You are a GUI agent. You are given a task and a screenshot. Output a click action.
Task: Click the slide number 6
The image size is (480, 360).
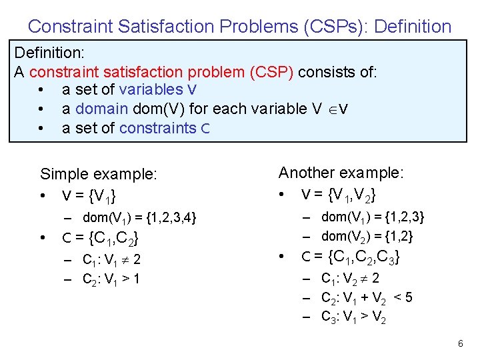coord(460,343)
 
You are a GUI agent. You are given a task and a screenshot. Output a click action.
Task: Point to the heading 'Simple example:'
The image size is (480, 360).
coord(99,175)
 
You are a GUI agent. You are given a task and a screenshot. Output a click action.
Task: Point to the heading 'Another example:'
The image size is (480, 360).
coord(340,173)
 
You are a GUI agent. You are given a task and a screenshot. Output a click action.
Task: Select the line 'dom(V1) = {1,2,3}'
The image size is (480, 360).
coord(373,217)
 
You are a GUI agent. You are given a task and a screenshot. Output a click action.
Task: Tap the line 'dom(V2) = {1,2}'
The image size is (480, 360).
coord(367,236)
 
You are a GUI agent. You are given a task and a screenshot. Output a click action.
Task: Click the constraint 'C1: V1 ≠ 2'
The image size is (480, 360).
coord(111,259)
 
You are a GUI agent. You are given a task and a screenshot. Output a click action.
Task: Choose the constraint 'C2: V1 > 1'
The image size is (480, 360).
coord(111,279)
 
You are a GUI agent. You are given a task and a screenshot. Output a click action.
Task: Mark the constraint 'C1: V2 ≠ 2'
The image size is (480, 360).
coord(350,279)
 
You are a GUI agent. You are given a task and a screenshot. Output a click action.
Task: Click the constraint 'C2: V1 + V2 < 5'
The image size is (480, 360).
coord(366,298)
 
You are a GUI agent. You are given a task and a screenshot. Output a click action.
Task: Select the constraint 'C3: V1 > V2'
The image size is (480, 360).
coord(353,317)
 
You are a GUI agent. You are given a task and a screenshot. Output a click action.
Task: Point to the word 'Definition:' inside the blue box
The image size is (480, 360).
coord(48,52)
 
